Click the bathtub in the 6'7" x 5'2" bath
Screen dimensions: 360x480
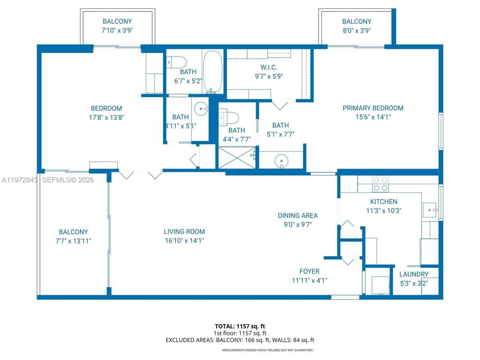point(213,72)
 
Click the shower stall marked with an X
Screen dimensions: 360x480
point(237,157)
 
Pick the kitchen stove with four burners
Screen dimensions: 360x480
point(380,184)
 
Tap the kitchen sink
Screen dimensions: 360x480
point(430,208)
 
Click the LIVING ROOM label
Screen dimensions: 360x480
point(184,232)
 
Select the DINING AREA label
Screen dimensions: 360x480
point(298,216)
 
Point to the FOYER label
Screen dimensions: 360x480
point(309,271)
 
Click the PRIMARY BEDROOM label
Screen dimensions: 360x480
point(373,108)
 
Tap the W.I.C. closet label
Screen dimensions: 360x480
point(269,67)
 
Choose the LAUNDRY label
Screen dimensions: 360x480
point(414,274)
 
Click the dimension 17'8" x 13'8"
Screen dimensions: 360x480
point(106,117)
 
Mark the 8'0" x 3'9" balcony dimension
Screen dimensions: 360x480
point(357,31)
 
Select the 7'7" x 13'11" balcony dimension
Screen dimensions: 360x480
point(73,241)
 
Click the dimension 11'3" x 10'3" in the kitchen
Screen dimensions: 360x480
point(384,211)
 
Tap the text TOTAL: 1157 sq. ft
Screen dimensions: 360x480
point(240,326)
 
